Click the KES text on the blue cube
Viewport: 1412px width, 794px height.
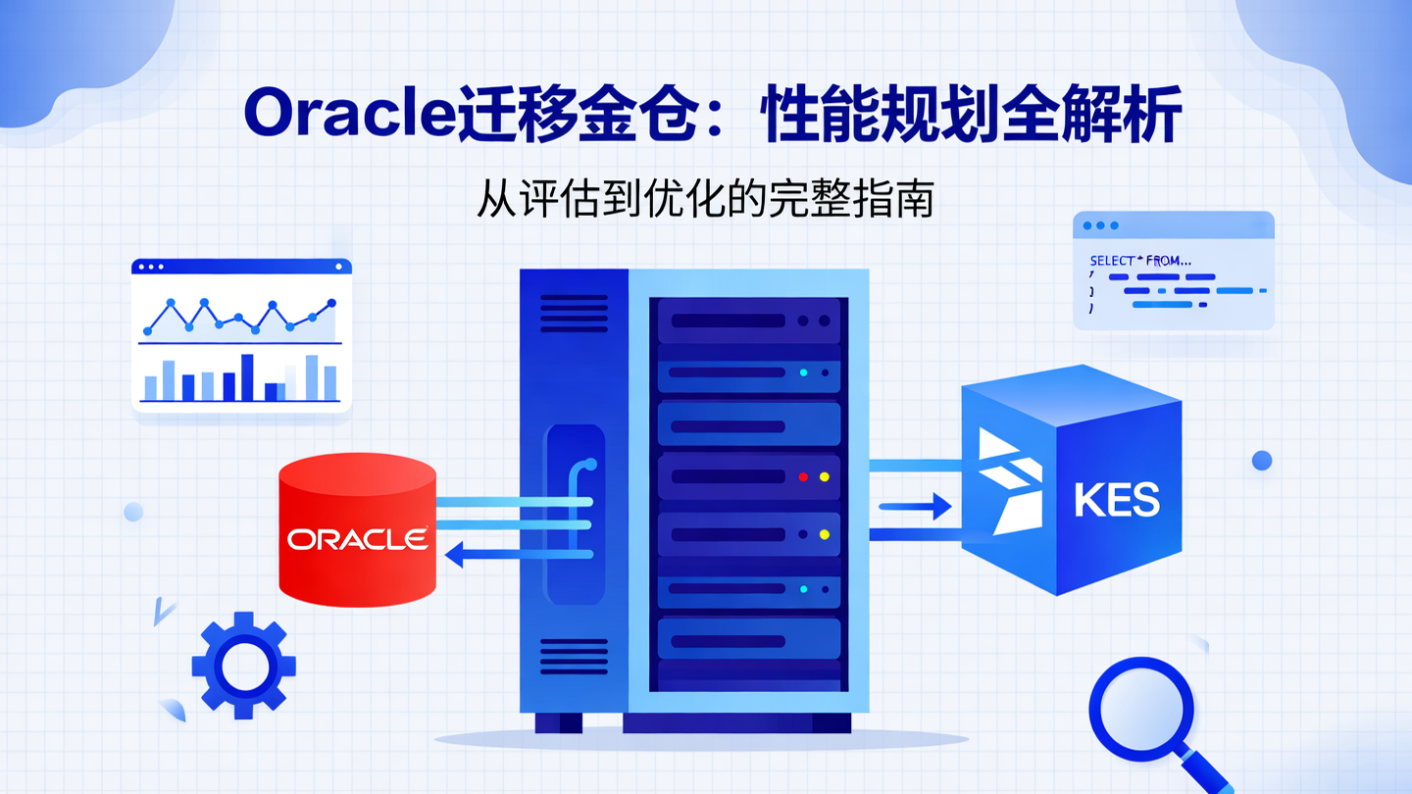click(1117, 500)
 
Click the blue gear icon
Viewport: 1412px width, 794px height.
click(243, 666)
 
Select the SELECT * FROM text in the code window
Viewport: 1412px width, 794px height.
click(1140, 262)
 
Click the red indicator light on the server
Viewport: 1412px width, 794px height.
click(803, 477)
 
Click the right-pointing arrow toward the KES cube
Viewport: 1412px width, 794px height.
click(916, 507)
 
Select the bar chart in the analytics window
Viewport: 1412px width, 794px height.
click(240, 379)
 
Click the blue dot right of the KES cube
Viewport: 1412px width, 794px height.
click(1262, 460)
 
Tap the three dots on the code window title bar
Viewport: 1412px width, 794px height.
click(1100, 225)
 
